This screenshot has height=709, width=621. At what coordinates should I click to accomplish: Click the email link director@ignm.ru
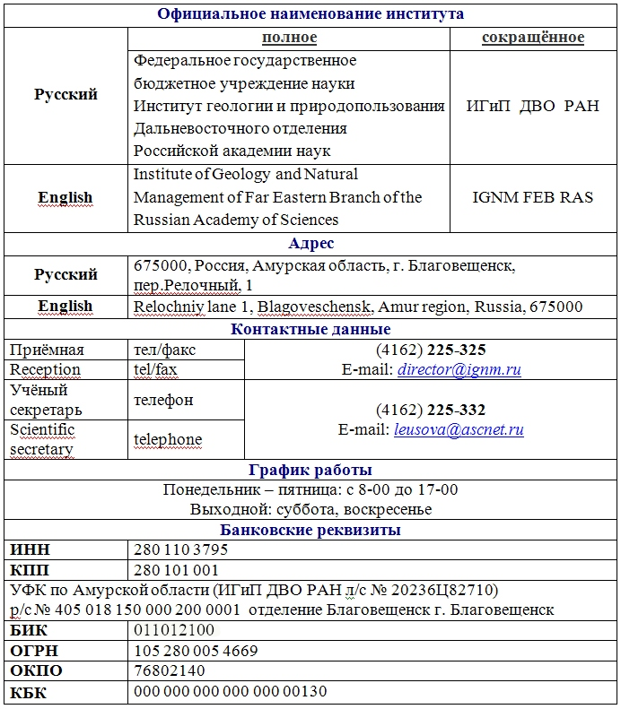tap(459, 369)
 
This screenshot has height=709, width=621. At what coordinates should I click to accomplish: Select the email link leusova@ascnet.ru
tap(459, 429)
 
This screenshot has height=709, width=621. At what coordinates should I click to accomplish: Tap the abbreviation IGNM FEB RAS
tap(532, 197)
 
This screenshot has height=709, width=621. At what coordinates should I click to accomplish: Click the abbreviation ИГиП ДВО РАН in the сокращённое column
tap(532, 106)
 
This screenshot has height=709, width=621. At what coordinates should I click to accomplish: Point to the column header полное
tap(289, 38)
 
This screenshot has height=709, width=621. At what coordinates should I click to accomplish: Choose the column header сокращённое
tap(532, 38)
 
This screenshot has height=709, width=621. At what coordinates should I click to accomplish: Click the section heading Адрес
tap(310, 244)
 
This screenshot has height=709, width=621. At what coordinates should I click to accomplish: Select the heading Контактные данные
tap(310, 330)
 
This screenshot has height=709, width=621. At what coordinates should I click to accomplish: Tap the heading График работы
tap(310, 470)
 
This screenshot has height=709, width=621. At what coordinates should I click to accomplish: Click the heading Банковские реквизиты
tap(310, 530)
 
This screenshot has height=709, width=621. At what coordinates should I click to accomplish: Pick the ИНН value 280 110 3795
tap(180, 549)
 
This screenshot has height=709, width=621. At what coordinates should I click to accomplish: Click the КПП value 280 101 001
tap(176, 570)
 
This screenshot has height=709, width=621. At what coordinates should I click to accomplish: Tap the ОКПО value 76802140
tap(170, 670)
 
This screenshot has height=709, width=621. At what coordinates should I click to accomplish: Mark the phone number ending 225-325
tap(431, 350)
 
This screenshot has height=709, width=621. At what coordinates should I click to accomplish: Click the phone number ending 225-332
tap(431, 410)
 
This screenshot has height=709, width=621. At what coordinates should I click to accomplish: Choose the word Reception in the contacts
tap(45, 369)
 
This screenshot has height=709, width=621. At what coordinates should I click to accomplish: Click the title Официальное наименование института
tap(310, 13)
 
